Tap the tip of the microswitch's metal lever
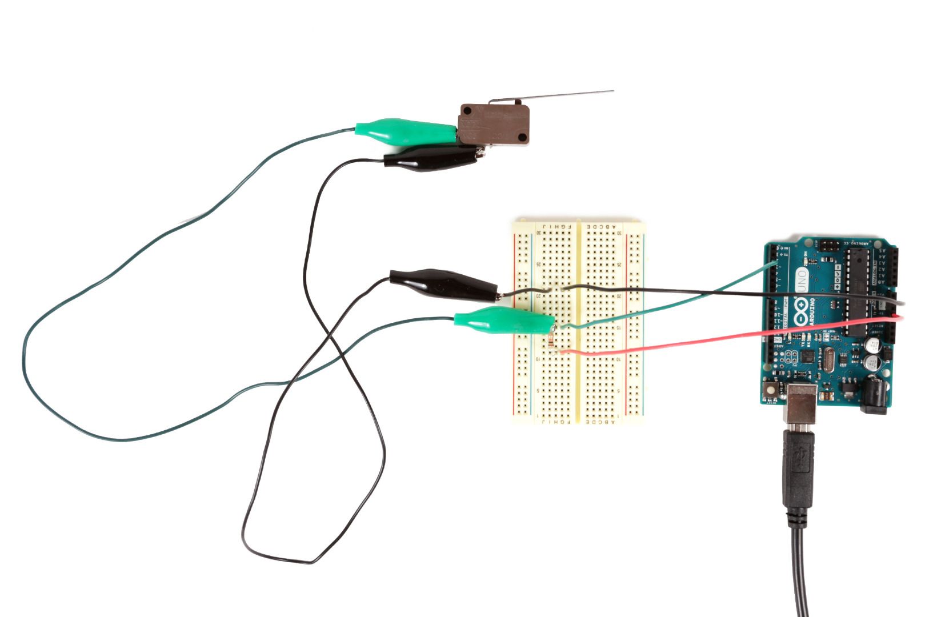tap(612, 91)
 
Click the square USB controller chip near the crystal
tap(808, 357)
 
